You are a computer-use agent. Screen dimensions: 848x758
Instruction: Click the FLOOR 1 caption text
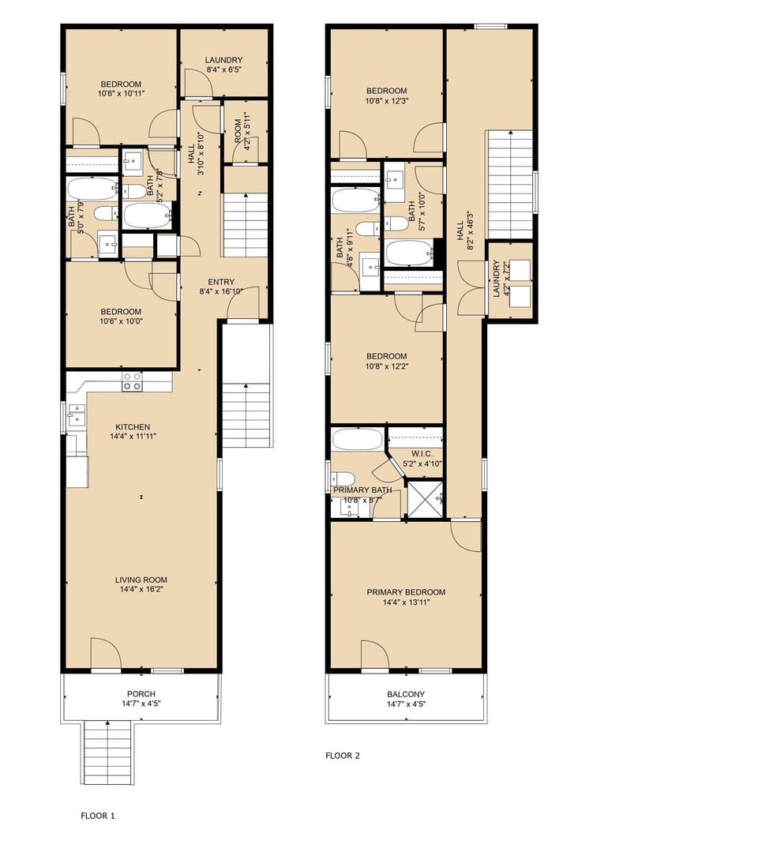(98, 816)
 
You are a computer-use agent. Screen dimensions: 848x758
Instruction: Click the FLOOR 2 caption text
(342, 756)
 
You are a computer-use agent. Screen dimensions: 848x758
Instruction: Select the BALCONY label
(406, 695)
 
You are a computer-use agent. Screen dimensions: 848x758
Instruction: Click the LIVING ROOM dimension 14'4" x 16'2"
(141, 588)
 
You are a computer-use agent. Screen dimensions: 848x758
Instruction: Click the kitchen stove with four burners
(132, 382)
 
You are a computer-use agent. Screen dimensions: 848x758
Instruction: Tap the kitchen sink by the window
(77, 415)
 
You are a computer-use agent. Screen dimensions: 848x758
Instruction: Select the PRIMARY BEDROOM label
(406, 592)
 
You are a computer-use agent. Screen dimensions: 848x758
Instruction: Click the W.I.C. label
(416, 454)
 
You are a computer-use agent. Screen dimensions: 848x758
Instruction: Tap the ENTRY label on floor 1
(220, 282)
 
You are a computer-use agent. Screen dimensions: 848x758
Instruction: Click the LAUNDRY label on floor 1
(223, 60)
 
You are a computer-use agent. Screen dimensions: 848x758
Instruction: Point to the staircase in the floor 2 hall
(509, 183)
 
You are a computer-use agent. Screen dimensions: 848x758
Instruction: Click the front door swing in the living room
(106, 654)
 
